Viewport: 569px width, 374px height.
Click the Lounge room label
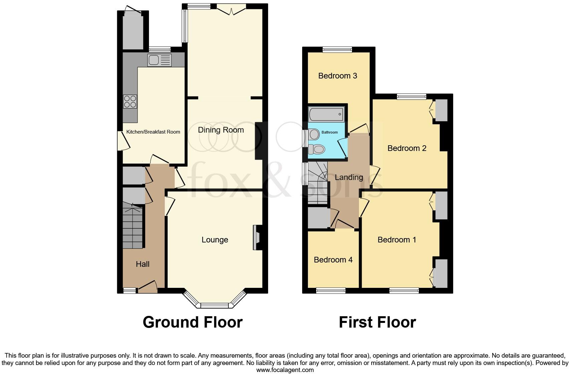215,240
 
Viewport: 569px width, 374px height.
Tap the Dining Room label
221,130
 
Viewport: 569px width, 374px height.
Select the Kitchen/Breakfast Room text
153,132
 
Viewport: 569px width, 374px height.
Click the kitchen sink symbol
160,60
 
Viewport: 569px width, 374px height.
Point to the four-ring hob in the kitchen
130,102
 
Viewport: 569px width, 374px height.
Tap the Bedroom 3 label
338,76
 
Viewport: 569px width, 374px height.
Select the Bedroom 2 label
407,148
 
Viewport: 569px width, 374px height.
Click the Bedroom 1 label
397,240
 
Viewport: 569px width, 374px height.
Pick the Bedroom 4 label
333,260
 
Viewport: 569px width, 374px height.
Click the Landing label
349,177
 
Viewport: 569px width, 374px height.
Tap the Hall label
143,264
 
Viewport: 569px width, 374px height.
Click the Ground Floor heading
192,322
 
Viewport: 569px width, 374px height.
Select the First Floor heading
377,322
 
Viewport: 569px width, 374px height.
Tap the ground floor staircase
133,227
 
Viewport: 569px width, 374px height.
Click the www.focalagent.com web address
285,370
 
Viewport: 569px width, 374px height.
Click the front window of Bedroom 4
331,291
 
